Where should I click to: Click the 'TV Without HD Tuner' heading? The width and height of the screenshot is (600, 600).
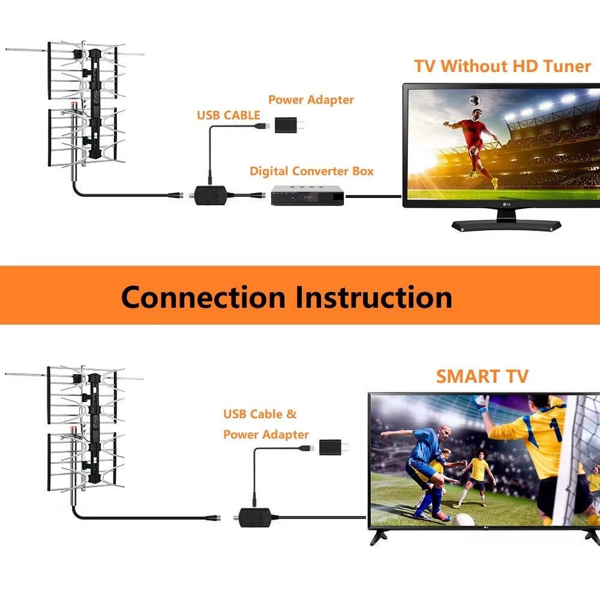pos(502,66)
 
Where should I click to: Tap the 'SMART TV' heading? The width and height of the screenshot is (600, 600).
pos(482,376)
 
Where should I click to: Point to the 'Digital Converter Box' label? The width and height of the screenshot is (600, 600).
pos(311,171)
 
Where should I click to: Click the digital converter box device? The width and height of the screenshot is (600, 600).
pos(308,196)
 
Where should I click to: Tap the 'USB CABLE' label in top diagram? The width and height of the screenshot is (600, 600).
pos(229,115)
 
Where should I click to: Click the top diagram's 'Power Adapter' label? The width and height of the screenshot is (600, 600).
pos(311,100)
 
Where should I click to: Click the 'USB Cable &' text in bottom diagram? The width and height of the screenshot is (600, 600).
pos(260,414)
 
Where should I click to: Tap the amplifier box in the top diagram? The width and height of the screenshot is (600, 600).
pos(210,195)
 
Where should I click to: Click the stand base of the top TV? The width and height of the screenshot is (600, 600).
pos(506,226)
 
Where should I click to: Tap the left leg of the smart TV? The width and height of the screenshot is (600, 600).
pos(379,536)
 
